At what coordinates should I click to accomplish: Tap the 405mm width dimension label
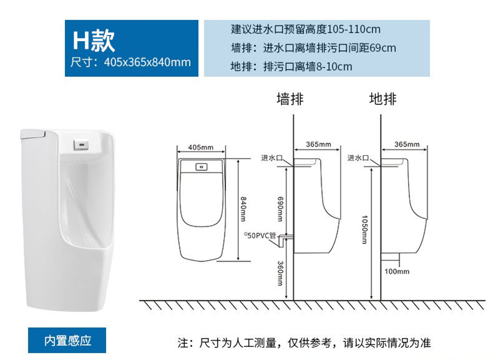click(x=200, y=147)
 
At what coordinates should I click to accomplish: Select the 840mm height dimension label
click(x=243, y=209)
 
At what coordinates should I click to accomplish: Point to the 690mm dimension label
click(x=280, y=209)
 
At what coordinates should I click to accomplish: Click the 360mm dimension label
click(x=280, y=273)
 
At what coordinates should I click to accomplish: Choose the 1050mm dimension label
click(x=364, y=230)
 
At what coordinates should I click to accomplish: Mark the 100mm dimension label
click(x=397, y=271)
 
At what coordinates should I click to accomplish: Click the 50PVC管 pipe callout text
click(x=260, y=235)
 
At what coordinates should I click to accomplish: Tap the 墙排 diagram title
click(x=290, y=99)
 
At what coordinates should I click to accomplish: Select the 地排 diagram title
click(x=383, y=99)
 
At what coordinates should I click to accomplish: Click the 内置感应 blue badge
click(x=67, y=341)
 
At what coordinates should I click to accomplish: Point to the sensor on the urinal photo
click(x=81, y=145)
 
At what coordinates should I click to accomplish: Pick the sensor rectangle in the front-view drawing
click(x=201, y=167)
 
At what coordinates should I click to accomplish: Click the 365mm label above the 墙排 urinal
click(x=318, y=144)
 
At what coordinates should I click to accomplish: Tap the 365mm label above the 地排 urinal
click(x=407, y=144)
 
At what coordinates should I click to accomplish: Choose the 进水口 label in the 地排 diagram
click(x=358, y=157)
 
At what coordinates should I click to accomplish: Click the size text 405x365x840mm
click(x=147, y=62)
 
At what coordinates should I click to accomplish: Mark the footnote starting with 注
click(x=304, y=343)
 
